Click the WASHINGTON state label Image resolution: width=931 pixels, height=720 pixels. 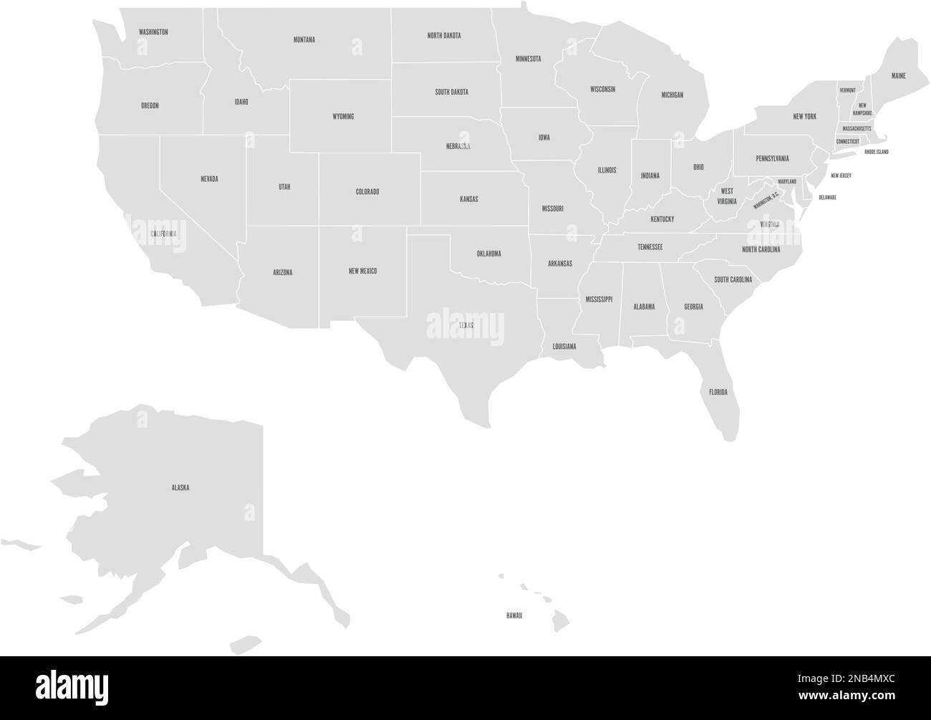pos(153,32)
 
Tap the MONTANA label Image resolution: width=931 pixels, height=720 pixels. pos(304,40)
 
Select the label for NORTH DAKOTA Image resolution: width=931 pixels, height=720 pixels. pos(444,35)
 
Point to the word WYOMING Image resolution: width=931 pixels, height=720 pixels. pos(343,116)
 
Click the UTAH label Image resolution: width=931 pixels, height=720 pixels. pos(284,187)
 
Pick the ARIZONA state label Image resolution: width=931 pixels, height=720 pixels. pos(282,272)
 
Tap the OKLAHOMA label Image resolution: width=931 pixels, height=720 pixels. pos(488,254)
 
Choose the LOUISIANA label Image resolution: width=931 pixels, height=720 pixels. pos(564,346)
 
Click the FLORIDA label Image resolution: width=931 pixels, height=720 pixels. pos(718,392)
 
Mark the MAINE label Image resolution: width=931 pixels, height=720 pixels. pos(898,75)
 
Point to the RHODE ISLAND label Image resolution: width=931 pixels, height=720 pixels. pos(876,152)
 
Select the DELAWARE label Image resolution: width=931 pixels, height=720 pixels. pos(827,197)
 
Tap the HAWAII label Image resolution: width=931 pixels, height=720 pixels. pos(513,615)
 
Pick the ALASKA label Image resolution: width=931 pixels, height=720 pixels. pos(180,488)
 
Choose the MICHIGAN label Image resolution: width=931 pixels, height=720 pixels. pos(672,95)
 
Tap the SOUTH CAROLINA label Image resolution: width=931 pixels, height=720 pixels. pos(733,280)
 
